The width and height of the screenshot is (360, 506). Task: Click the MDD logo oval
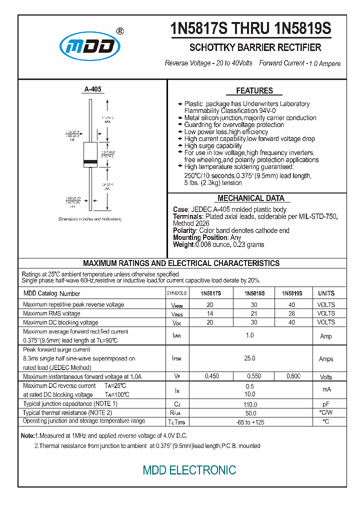coord(90,46)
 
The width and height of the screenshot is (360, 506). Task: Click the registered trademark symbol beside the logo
coord(120,31)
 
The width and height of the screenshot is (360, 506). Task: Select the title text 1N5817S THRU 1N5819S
coord(250,28)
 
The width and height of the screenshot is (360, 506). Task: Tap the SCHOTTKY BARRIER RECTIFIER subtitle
coord(255,48)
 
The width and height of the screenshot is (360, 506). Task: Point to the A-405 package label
coord(92,89)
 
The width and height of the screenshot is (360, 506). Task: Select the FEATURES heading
coord(254,90)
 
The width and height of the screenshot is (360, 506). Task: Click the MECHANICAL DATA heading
coord(251,198)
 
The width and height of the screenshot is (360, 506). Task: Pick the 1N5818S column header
coord(254,293)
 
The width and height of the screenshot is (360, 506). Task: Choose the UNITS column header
coord(326,293)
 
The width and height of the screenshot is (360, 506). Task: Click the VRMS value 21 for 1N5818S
coord(254,313)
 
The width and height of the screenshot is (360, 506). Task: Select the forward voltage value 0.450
coord(212,376)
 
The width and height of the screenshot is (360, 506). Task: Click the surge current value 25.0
coord(249,358)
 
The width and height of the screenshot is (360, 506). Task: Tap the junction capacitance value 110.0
coord(249,404)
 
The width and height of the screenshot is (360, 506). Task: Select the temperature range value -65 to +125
coord(249,422)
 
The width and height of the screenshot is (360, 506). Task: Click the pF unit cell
coord(326,404)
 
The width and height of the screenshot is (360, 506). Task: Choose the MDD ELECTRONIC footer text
coord(189,470)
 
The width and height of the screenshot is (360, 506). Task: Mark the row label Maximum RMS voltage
coord(51,313)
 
